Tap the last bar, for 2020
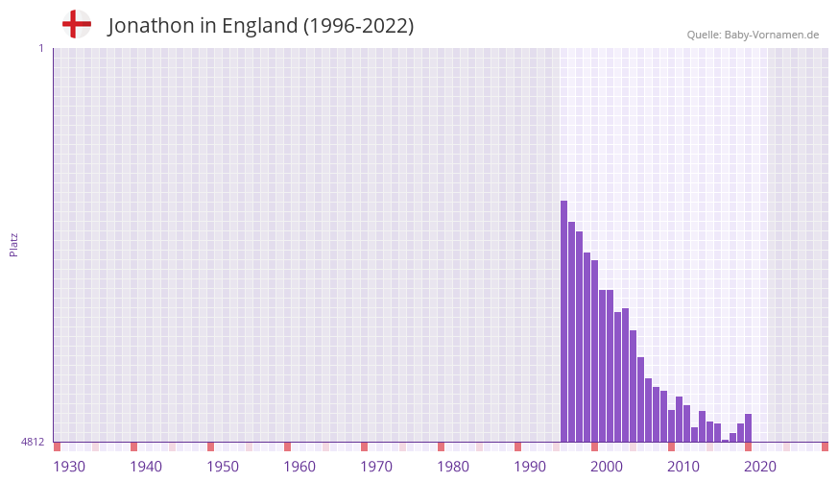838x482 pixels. pos(748,427)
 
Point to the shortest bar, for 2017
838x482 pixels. pos(725,440)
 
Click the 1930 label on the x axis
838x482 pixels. pos(69,467)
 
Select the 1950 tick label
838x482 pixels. pos(223,467)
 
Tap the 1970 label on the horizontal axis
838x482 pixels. pos(376,467)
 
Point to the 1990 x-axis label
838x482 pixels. pos(530,467)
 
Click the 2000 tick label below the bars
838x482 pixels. pos(607,467)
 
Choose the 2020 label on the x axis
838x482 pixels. pos(760,467)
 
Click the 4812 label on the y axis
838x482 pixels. pos(33,442)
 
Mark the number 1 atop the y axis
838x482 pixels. pos(40,48)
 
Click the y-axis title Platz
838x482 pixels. pos(13,244)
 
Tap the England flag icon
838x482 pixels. pos(76,24)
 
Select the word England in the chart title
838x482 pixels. pos(259,26)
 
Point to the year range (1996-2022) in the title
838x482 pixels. pos(358,26)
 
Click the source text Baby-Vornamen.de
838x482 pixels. pos(772,35)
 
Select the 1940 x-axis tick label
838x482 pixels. pos(146,467)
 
